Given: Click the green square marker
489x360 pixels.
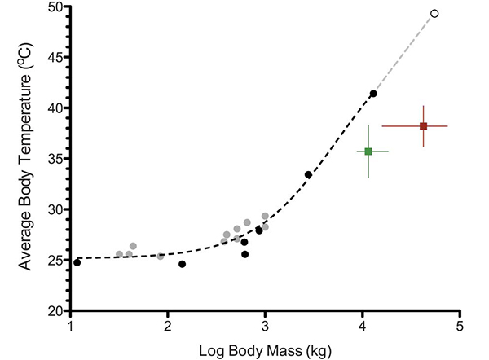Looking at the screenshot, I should (x=368, y=151).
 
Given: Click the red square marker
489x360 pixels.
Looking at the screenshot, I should (x=423, y=126).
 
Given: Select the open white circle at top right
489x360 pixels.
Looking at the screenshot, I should (x=434, y=14).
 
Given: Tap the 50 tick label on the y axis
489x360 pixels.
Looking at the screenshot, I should (x=55, y=7).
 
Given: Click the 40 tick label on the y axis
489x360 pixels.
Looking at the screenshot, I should (x=55, y=108).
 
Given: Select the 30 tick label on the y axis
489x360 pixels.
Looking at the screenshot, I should (x=55, y=209).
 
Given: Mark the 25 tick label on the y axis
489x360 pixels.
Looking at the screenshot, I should (x=55, y=260).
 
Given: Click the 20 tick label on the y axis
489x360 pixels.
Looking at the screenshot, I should (x=55, y=310).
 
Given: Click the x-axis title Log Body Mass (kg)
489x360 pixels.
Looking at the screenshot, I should (x=266, y=350).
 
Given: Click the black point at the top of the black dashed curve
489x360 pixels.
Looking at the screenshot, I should (x=373, y=94).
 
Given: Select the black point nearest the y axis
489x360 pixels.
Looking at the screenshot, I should (x=77, y=262).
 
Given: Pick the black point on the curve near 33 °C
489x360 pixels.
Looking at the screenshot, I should (x=308, y=174).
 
